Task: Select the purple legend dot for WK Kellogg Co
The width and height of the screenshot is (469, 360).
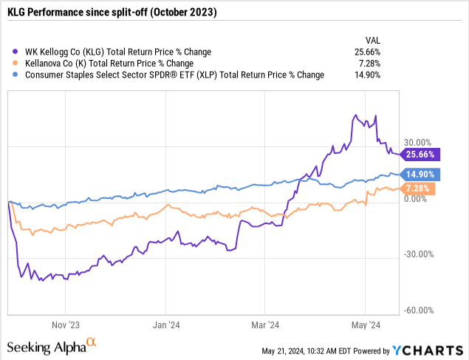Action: click(15, 52)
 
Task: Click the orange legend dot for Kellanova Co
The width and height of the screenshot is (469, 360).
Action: click(15, 63)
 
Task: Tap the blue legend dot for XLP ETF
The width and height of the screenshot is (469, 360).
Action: click(15, 74)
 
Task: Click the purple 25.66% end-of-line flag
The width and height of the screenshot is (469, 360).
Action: click(420, 155)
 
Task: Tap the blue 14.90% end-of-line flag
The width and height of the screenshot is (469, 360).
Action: click(420, 174)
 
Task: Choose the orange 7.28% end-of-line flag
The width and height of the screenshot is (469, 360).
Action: click(418, 189)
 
